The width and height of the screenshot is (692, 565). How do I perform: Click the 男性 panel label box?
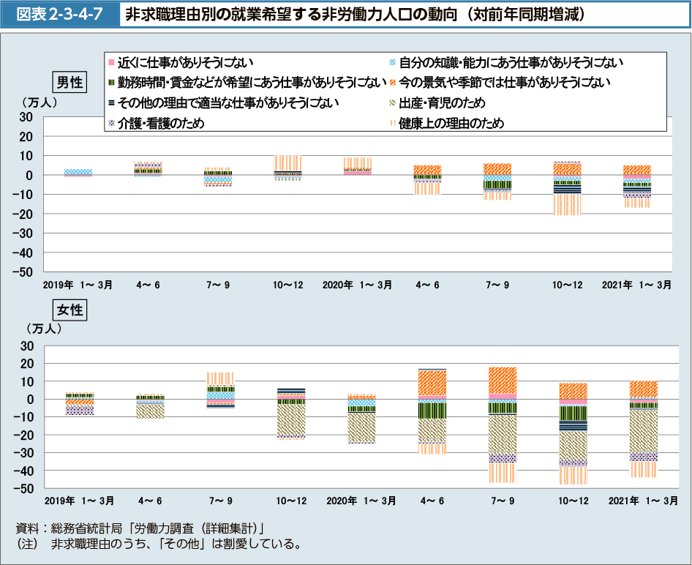click(69, 82)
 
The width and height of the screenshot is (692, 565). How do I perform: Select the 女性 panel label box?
click(69, 310)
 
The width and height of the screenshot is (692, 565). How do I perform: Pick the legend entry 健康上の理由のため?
click(451, 123)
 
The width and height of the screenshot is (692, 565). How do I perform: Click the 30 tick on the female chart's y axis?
click(28, 345)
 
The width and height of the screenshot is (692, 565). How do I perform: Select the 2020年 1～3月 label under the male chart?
click(358, 285)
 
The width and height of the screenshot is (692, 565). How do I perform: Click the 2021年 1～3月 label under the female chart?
click(642, 501)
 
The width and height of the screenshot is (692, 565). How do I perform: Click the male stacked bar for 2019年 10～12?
click(287, 168)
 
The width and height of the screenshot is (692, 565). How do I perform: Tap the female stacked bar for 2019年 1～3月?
click(78, 404)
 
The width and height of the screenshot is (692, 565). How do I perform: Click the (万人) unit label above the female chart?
click(43, 329)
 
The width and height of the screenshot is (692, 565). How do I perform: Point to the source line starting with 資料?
click(139, 528)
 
